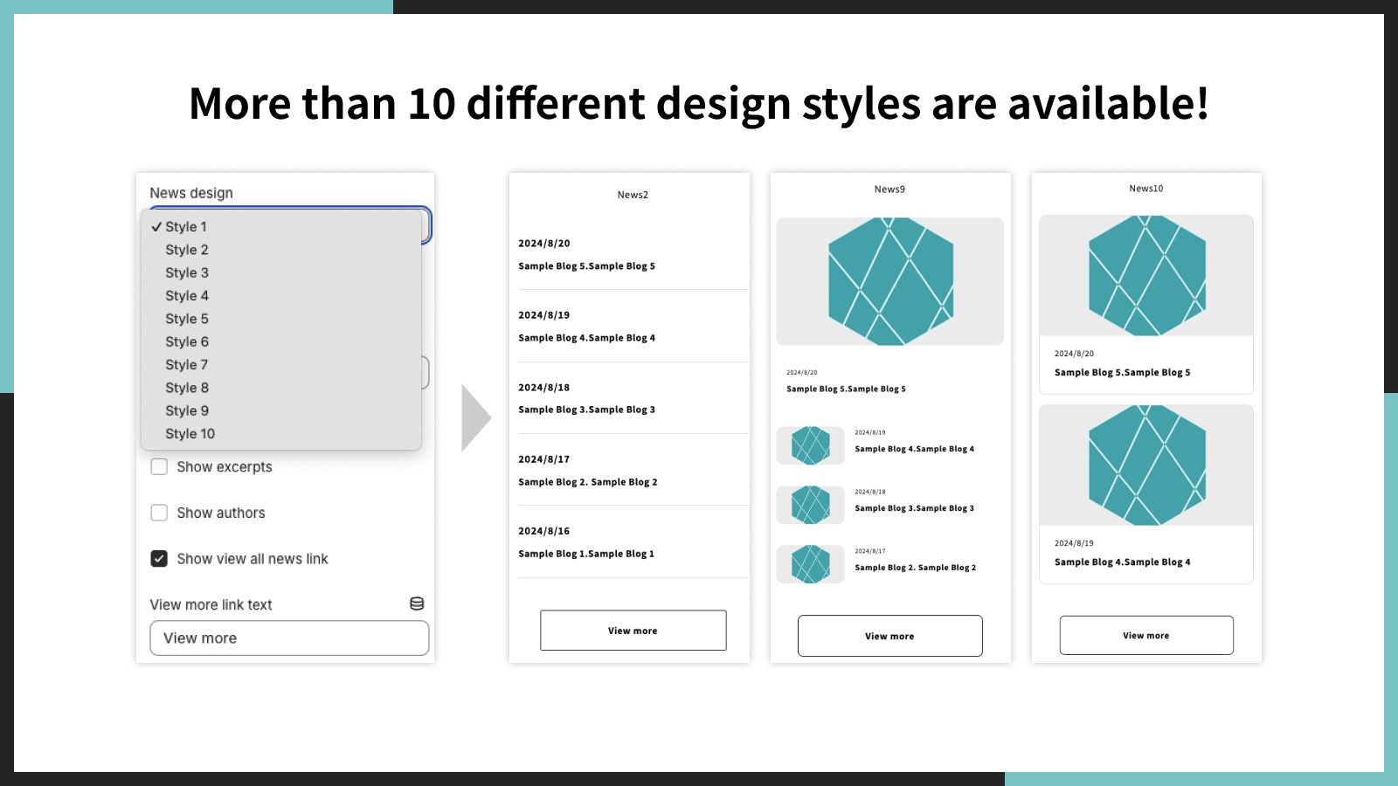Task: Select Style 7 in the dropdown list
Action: (x=187, y=365)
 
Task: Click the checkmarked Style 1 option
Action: (x=185, y=227)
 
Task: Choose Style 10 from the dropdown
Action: (x=190, y=434)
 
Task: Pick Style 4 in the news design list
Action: (x=187, y=296)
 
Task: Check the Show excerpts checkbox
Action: (x=159, y=467)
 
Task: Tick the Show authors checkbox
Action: (x=159, y=513)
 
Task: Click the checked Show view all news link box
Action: (x=159, y=559)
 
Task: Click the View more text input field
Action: (x=289, y=638)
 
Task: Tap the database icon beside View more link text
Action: (x=417, y=603)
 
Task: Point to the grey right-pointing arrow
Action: (x=474, y=417)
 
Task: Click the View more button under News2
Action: (x=633, y=631)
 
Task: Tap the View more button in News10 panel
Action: (x=1145, y=636)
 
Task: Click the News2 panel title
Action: (x=633, y=195)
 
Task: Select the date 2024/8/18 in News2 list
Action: (x=543, y=388)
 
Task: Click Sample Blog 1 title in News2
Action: (x=585, y=554)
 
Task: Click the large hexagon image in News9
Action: (x=889, y=281)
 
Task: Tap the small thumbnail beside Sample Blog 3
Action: (x=810, y=505)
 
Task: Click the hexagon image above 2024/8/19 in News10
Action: (x=1145, y=465)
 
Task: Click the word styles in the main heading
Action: (x=861, y=104)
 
